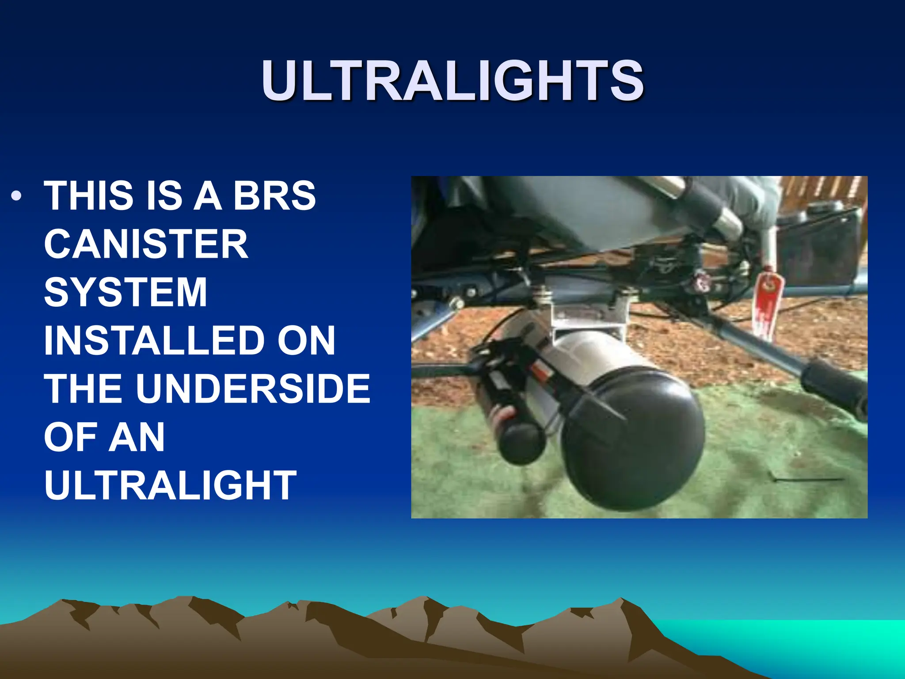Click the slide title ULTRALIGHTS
tap(452, 80)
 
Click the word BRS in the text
tap(274, 196)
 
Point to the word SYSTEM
tap(125, 292)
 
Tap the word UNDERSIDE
tap(253, 389)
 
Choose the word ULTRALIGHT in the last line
tap(170, 485)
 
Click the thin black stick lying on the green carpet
tap(809, 479)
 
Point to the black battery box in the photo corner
tap(822, 248)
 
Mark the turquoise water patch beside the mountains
tap(795, 641)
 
